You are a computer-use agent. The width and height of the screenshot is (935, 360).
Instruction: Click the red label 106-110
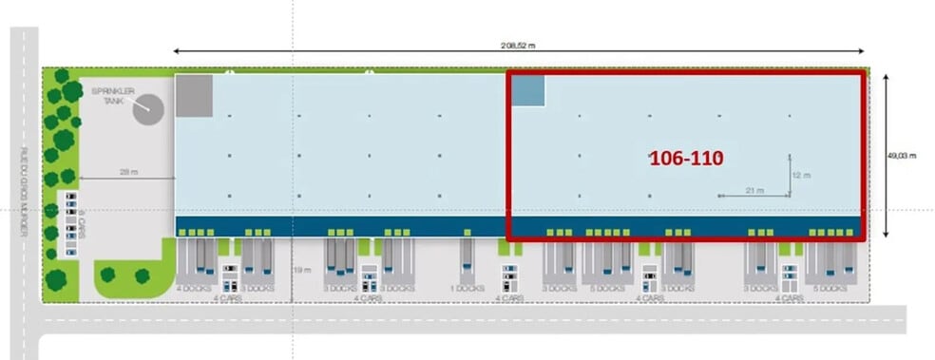[x=686, y=159]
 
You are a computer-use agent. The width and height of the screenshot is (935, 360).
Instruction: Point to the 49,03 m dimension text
[x=906, y=157]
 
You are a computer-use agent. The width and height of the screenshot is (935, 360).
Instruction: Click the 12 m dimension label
[x=801, y=176]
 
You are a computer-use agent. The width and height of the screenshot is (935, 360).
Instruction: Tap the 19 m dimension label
[x=303, y=271]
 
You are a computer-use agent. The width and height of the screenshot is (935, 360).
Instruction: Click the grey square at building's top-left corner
[x=194, y=96]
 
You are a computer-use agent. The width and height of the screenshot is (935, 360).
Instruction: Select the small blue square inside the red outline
[x=529, y=90]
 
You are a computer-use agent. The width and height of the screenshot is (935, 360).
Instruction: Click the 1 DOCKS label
[x=466, y=288]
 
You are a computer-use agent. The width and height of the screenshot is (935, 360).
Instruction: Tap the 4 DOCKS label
[x=194, y=288]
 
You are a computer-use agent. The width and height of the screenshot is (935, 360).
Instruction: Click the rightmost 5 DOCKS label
[x=830, y=288]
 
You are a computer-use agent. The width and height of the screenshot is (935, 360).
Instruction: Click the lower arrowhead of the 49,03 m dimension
[x=886, y=235]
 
